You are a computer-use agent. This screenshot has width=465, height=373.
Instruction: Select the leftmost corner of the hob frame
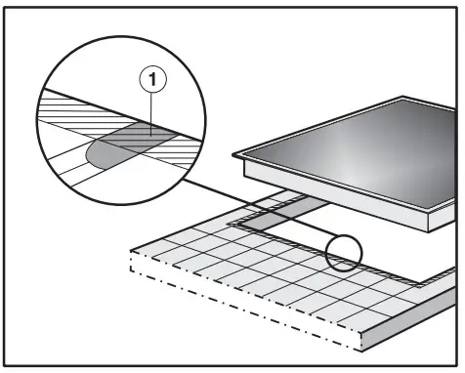point(236,156)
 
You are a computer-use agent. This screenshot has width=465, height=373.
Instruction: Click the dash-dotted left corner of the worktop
point(131,252)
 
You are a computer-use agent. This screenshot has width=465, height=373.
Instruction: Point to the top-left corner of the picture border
point(6,6)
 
